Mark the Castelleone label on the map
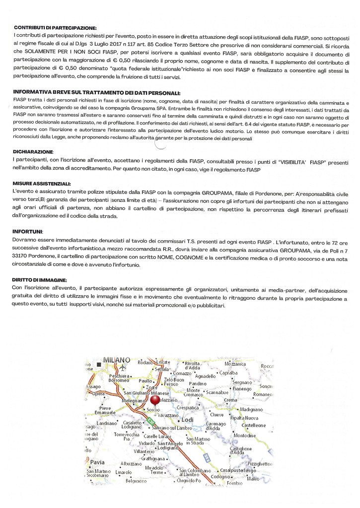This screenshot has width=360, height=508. tap(254, 426)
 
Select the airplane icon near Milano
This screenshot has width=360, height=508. tap(122, 367)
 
